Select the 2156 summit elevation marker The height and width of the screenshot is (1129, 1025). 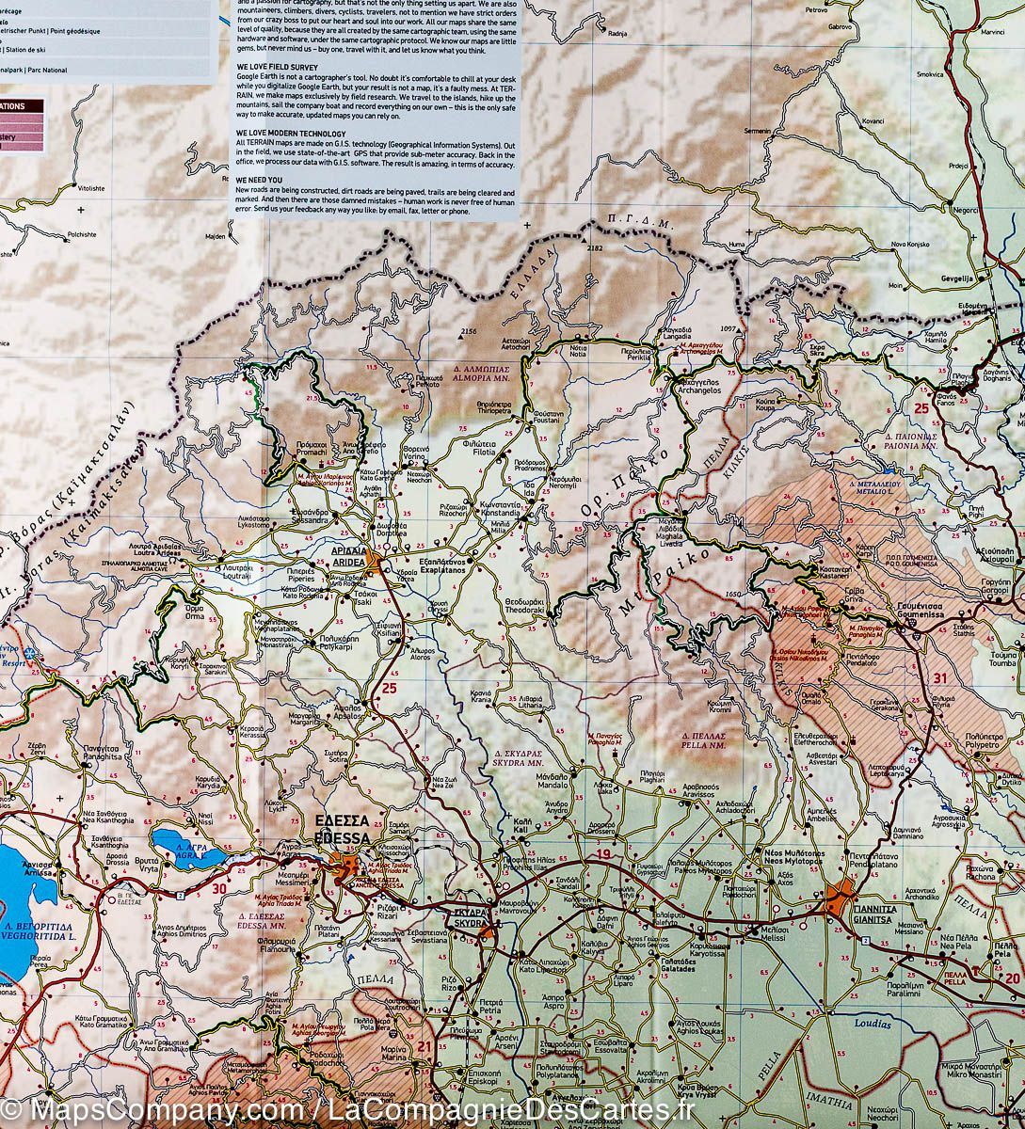tap(471, 332)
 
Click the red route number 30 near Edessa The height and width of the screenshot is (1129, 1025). tap(219, 887)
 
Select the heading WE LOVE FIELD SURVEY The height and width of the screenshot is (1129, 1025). tap(280, 67)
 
